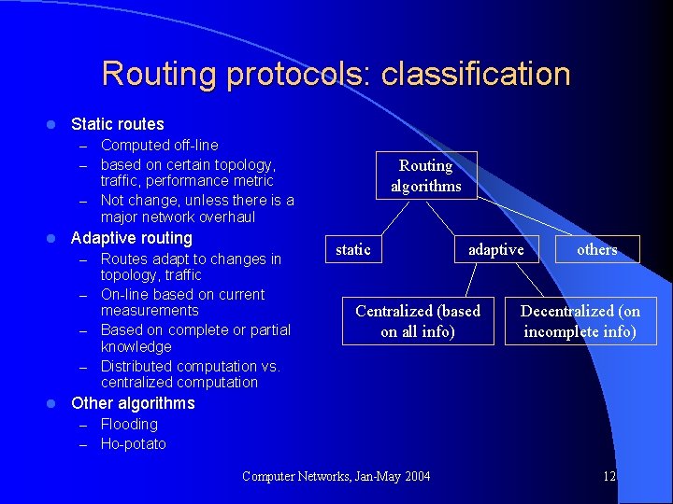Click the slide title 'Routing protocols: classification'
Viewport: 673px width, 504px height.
click(336, 74)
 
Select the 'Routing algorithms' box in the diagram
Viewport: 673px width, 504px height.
click(425, 175)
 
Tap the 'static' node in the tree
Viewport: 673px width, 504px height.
click(353, 249)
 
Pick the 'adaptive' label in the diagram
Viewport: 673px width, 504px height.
click(495, 249)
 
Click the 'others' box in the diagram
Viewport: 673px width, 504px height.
click(596, 249)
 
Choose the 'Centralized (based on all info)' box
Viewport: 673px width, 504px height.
click(418, 320)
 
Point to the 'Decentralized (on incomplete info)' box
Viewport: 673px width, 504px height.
click(580, 321)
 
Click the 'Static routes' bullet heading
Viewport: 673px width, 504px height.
click(117, 124)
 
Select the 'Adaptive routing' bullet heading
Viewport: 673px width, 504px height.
click(131, 238)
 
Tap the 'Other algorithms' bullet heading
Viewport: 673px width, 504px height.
click(133, 403)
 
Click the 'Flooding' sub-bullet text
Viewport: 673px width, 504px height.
click(129, 425)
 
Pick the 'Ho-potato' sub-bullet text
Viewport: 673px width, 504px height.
click(133, 444)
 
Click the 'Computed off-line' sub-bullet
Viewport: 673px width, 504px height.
click(159, 146)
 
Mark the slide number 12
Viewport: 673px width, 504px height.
click(609, 477)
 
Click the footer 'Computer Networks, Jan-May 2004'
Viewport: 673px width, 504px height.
click(336, 477)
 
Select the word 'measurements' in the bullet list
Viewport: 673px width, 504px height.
click(150, 311)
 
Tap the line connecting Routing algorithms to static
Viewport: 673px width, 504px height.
click(394, 215)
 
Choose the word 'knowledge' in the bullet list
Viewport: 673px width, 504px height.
click(136, 346)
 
